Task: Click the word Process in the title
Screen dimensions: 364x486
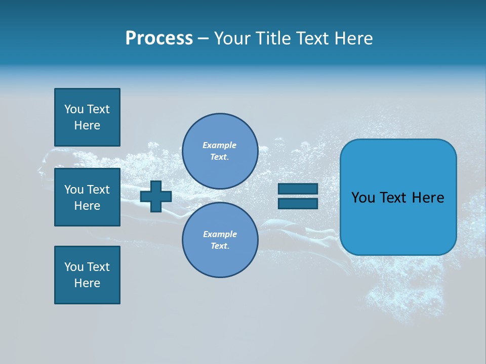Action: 159,38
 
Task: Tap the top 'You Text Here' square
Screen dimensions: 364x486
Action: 87,117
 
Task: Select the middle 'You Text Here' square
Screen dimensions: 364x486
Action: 87,197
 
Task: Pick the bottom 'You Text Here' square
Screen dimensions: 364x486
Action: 87,275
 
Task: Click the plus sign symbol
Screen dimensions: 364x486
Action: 156,196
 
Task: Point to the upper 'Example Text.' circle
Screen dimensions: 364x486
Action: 220,151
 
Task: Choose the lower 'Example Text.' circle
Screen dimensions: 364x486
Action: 220,240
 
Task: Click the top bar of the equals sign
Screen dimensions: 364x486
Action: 298,189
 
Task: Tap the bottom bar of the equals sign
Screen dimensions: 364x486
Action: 298,204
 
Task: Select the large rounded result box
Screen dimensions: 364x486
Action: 398,197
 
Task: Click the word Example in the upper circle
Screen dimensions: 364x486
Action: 220,145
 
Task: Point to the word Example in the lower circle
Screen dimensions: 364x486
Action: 220,234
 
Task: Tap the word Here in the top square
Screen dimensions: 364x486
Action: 87,125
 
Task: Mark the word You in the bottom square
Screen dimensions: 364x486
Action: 74,267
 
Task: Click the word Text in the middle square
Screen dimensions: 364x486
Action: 98,190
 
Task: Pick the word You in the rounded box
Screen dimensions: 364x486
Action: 363,198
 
